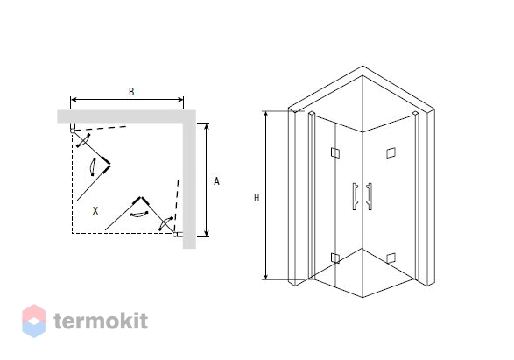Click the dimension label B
click(x=131, y=92)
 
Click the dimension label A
click(x=216, y=181)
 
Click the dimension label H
click(x=257, y=197)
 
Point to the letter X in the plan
click(x=95, y=211)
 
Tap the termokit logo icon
click(x=34, y=321)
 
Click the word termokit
click(x=101, y=321)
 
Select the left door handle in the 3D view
click(x=355, y=196)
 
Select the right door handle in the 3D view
click(x=370, y=196)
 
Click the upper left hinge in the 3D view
click(x=335, y=152)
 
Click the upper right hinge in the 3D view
click(x=391, y=152)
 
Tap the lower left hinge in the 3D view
click(x=335, y=258)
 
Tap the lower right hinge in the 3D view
click(x=391, y=258)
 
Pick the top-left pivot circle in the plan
click(x=73, y=131)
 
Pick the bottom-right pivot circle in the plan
click(x=175, y=234)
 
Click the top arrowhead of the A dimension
click(x=206, y=126)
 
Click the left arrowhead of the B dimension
click(x=74, y=99)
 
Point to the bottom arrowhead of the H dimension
click(x=266, y=277)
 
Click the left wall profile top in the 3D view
click(x=312, y=114)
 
